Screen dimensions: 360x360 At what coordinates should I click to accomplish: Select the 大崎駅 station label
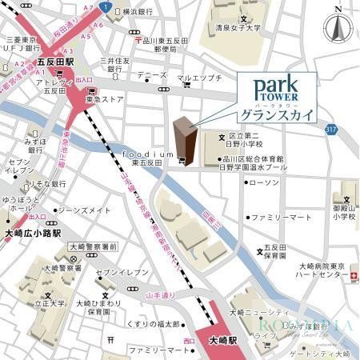coord(213,339)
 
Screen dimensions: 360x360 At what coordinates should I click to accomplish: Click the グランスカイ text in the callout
coord(274,115)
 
